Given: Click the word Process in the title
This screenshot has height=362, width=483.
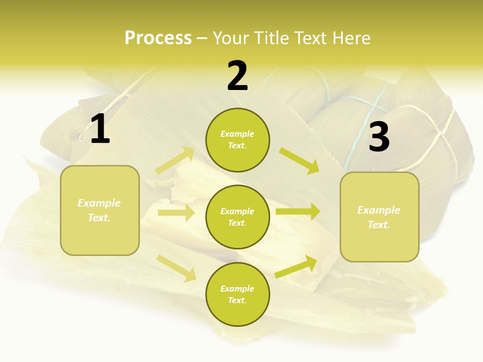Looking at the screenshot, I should (x=158, y=38).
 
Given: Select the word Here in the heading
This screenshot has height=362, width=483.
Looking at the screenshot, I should (x=350, y=38).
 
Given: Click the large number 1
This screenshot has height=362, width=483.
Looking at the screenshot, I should (x=100, y=129).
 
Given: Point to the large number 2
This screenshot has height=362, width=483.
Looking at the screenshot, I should (x=237, y=76).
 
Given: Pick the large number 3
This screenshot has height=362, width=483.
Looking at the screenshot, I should (x=379, y=137).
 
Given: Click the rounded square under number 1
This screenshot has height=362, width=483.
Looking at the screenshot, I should (x=100, y=210).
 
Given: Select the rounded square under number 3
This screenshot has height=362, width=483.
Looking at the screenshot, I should (x=379, y=217).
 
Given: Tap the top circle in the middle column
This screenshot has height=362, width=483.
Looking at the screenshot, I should (x=237, y=140).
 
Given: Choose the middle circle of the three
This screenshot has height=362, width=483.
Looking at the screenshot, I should (x=237, y=217).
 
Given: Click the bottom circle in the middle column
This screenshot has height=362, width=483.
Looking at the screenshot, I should (x=237, y=294).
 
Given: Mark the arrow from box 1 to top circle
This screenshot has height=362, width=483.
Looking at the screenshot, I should (x=175, y=160).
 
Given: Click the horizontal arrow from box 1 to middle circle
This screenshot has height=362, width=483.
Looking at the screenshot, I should (x=176, y=213).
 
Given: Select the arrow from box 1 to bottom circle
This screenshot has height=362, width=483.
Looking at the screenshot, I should (x=176, y=267).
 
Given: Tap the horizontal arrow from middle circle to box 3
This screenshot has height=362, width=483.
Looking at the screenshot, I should (x=297, y=212).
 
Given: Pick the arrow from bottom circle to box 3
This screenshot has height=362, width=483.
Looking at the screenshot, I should (x=296, y=266).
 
